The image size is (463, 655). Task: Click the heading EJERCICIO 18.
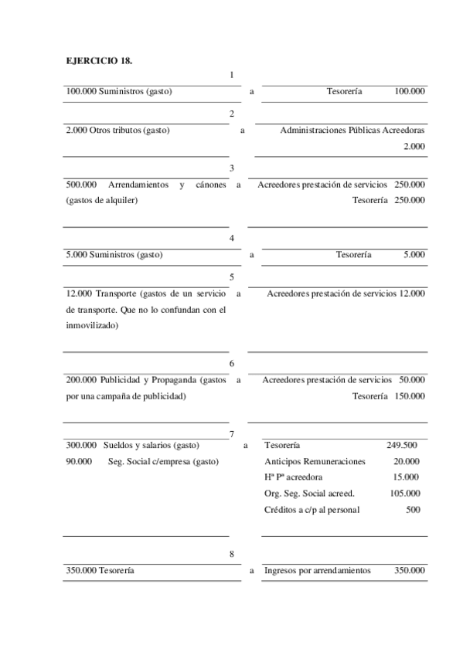(94, 60)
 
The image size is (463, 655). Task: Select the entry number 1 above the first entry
(232, 75)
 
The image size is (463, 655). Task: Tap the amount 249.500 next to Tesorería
(402, 445)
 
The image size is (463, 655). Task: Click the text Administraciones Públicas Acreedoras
(352, 130)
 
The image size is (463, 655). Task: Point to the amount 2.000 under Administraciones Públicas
(414, 146)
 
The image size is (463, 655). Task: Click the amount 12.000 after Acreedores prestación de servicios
(411, 294)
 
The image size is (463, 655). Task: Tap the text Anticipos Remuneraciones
(315, 461)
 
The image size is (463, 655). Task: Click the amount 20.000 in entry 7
(406, 461)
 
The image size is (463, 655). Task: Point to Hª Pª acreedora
(294, 477)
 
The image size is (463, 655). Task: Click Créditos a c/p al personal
(312, 510)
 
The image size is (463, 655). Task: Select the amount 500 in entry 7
(414, 510)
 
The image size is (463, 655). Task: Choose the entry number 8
(232, 554)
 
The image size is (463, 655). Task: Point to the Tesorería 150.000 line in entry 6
(388, 396)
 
